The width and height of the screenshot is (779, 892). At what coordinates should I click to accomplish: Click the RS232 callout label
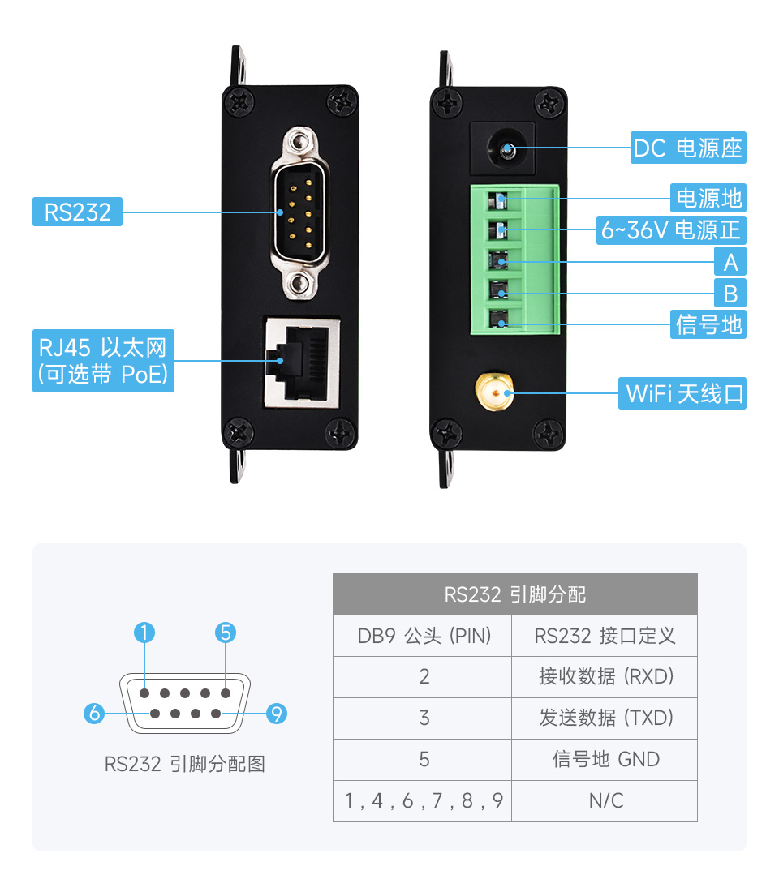(77, 212)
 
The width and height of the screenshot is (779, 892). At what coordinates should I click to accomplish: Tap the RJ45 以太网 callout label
(103, 361)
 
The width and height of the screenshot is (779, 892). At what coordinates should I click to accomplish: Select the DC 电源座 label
(688, 148)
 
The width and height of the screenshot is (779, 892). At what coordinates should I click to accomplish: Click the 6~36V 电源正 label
(670, 229)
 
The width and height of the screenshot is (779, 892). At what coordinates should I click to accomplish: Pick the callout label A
(730, 262)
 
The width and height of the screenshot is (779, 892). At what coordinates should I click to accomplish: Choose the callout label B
(730, 293)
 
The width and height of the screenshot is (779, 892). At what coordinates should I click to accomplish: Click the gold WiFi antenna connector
(493, 393)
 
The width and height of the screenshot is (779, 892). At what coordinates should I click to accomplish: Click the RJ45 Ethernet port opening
(297, 362)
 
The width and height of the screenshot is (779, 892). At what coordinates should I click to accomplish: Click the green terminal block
(514, 260)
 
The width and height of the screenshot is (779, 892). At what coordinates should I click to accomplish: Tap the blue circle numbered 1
(144, 633)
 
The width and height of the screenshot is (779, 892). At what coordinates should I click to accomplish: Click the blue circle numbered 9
(277, 714)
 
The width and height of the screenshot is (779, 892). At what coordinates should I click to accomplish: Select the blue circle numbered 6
(95, 714)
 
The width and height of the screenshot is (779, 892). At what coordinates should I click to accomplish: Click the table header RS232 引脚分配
(514, 594)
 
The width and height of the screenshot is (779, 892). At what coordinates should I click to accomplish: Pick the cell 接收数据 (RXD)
(605, 676)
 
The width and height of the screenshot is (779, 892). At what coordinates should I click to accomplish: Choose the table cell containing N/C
(605, 801)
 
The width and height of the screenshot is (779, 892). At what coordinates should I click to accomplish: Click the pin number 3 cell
(423, 718)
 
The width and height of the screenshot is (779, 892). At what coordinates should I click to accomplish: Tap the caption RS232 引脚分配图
(185, 764)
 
